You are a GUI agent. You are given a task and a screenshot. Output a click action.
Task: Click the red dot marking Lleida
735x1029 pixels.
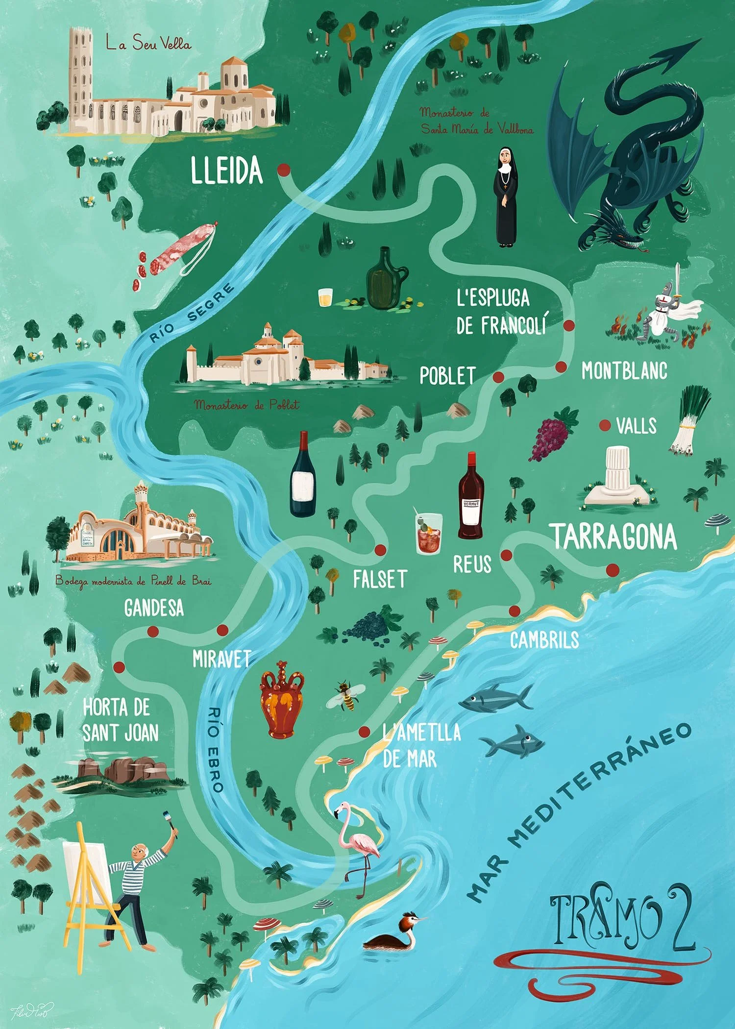pyautogui.click(x=283, y=170)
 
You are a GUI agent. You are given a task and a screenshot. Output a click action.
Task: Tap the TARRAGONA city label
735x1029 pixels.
pyautogui.click(x=615, y=537)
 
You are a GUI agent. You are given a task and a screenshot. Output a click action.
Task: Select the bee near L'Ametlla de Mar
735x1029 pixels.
pyautogui.click(x=346, y=695)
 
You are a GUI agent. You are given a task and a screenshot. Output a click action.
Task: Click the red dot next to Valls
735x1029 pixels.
pyautogui.click(x=605, y=425)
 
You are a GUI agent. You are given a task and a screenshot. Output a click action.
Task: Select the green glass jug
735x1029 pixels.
pyautogui.click(x=385, y=279)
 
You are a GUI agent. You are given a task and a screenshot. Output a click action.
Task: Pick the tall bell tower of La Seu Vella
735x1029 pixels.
pyautogui.click(x=80, y=78)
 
